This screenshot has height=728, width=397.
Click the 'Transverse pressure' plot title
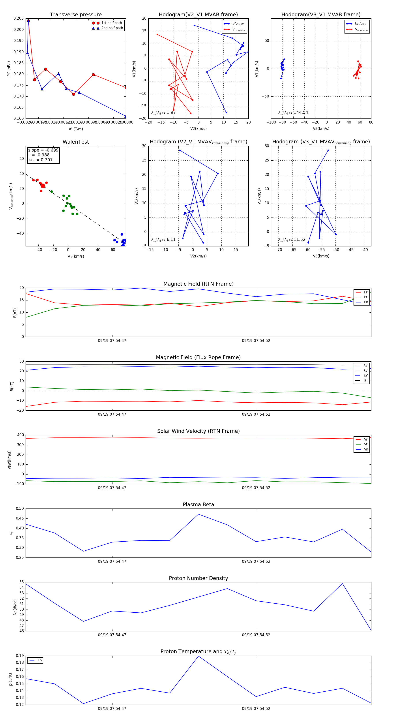(x=76, y=15)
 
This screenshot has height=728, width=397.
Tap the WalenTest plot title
(x=76, y=142)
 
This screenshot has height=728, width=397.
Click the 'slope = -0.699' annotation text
(x=43, y=150)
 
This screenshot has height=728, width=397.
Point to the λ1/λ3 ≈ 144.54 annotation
(x=293, y=113)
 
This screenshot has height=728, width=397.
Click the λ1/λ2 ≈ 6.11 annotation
(x=163, y=240)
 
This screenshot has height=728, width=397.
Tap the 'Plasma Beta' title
(x=198, y=505)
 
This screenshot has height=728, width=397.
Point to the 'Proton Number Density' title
(x=198, y=578)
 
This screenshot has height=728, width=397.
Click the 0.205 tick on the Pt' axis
(x=19, y=18)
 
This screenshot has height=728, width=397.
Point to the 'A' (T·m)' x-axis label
(x=76, y=129)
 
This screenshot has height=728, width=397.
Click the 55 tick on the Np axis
(x=21, y=582)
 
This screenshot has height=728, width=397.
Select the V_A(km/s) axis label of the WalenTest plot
(x=76, y=256)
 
